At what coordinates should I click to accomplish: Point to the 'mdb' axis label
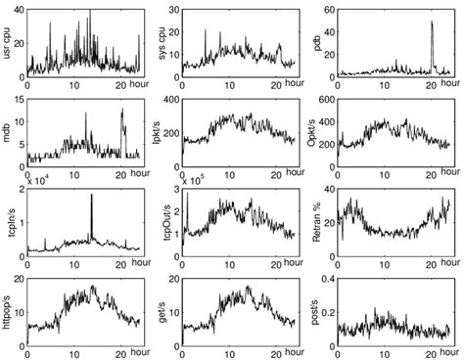8,133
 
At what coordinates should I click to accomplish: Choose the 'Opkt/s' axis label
316,132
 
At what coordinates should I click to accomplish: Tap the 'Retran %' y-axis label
316,221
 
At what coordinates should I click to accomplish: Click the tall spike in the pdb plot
432,22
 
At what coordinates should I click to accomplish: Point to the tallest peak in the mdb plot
122,110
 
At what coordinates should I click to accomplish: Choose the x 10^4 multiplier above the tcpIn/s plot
40,179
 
